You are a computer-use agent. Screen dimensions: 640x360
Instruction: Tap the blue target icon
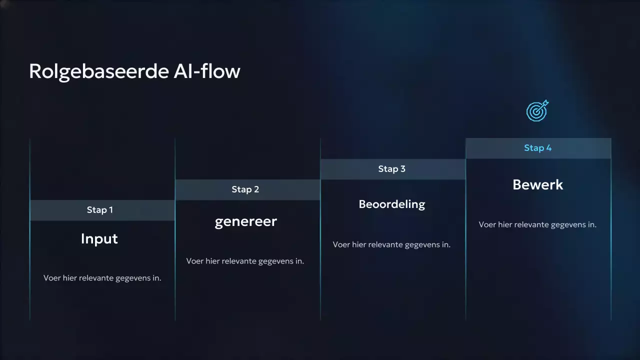[537, 110]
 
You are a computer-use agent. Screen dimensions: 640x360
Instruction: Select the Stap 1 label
[100, 210]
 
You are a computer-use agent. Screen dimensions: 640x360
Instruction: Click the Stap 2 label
[245, 189]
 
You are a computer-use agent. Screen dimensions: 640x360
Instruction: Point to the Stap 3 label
[392, 169]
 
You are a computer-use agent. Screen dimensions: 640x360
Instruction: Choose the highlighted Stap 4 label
[538, 148]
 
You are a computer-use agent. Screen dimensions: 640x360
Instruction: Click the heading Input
[99, 239]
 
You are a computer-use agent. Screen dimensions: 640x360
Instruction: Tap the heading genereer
[245, 221]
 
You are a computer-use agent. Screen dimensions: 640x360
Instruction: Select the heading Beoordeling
[392, 204]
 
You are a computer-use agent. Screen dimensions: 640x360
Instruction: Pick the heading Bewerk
[538, 184]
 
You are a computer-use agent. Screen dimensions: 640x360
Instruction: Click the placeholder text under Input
[102, 278]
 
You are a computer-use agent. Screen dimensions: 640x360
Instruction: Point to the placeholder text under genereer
[245, 261]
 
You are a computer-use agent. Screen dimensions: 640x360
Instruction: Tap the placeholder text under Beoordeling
[391, 244]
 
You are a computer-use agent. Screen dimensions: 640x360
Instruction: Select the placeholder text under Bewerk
[537, 224]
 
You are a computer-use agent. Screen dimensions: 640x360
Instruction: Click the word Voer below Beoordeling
[341, 244]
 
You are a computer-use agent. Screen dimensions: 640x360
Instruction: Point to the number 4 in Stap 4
[549, 148]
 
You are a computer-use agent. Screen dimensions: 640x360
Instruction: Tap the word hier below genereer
[212, 261]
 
